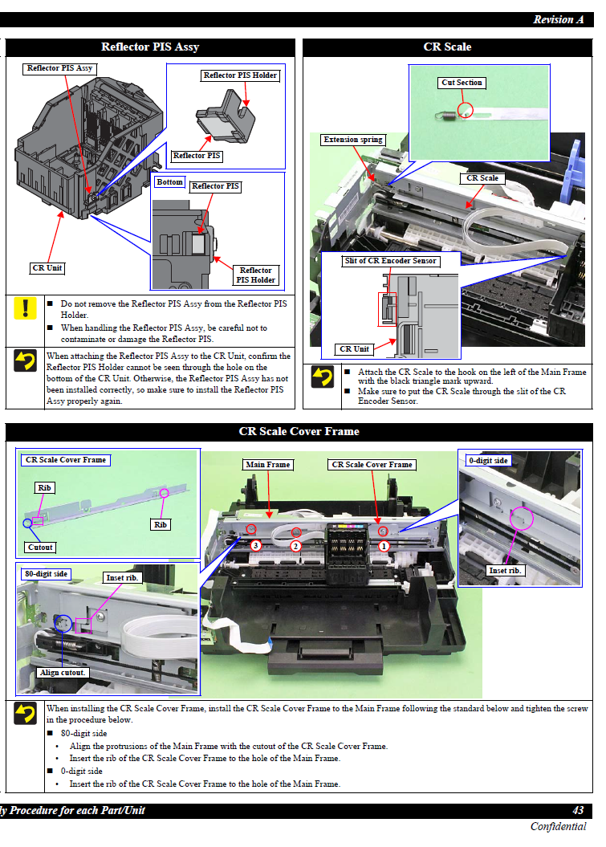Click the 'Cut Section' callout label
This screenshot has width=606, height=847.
462,83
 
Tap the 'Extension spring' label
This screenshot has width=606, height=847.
353,140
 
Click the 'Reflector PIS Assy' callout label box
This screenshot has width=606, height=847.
60,68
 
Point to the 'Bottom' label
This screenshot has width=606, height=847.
169,182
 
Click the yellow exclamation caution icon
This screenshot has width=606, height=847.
25,307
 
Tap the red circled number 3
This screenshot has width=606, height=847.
255,545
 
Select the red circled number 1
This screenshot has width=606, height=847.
384,545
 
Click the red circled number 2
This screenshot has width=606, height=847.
295,546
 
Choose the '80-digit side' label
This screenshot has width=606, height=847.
47,574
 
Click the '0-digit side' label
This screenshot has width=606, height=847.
488,461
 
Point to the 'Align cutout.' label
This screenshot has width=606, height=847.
63,673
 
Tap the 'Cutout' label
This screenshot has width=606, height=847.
39,548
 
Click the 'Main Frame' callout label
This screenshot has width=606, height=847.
268,465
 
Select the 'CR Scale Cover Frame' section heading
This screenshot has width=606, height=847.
299,432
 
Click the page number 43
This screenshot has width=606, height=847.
578,811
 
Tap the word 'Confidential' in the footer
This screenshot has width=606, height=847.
558,827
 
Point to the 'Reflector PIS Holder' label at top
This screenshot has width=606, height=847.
240,75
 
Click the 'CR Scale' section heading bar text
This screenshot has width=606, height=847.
447,47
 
